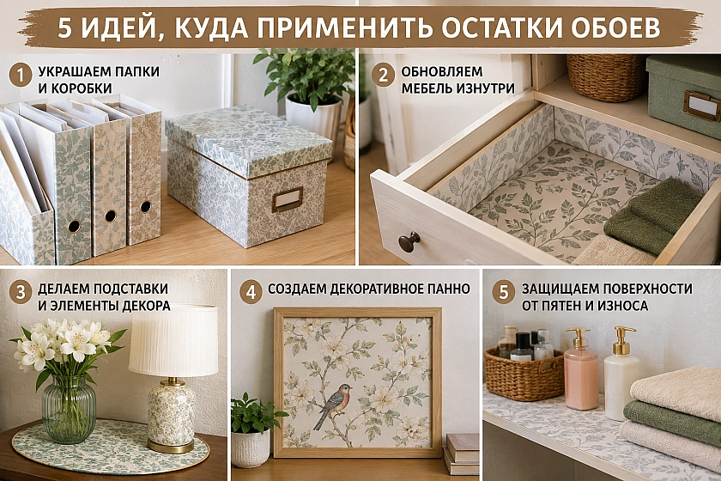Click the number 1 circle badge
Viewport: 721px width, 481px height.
pyautogui.click(x=21, y=76)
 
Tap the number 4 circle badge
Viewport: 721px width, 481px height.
pyautogui.click(x=251, y=292)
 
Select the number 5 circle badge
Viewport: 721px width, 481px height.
pyautogui.click(x=504, y=292)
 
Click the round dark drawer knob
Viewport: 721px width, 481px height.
pyautogui.click(x=409, y=241)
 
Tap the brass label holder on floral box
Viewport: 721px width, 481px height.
pyautogui.click(x=287, y=199)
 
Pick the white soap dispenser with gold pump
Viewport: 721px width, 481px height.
pyautogui.click(x=621, y=374)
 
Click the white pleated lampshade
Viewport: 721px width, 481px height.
pyautogui.click(x=173, y=341)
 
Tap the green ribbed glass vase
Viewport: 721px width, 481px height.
pyautogui.click(x=69, y=409)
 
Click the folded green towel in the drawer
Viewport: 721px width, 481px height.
pyautogui.click(x=653, y=216)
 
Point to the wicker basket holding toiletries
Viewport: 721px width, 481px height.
pyautogui.click(x=524, y=374)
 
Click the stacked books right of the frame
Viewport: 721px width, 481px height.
pyautogui.click(x=461, y=454)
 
